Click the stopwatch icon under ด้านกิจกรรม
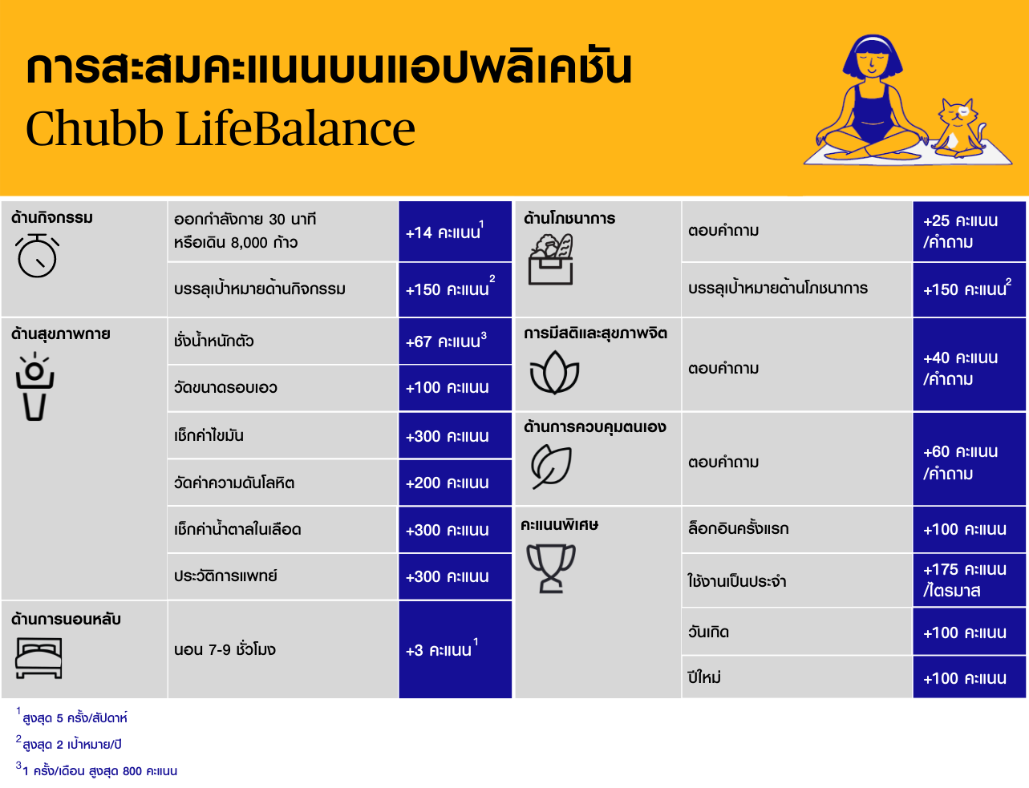37,256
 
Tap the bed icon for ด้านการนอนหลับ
38,658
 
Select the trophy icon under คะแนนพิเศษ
551,568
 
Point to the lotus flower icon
554,373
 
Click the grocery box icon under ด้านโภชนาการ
551,260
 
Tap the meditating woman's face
873,63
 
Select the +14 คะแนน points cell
455,232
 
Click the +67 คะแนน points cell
455,341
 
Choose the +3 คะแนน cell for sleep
455,649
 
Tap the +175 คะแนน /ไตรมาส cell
969,580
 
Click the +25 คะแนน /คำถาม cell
969,232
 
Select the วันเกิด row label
708,632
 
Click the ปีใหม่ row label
704,677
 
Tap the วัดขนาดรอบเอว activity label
225,388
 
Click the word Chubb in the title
95,128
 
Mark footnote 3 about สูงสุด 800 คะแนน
96,770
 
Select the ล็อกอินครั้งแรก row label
738,528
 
